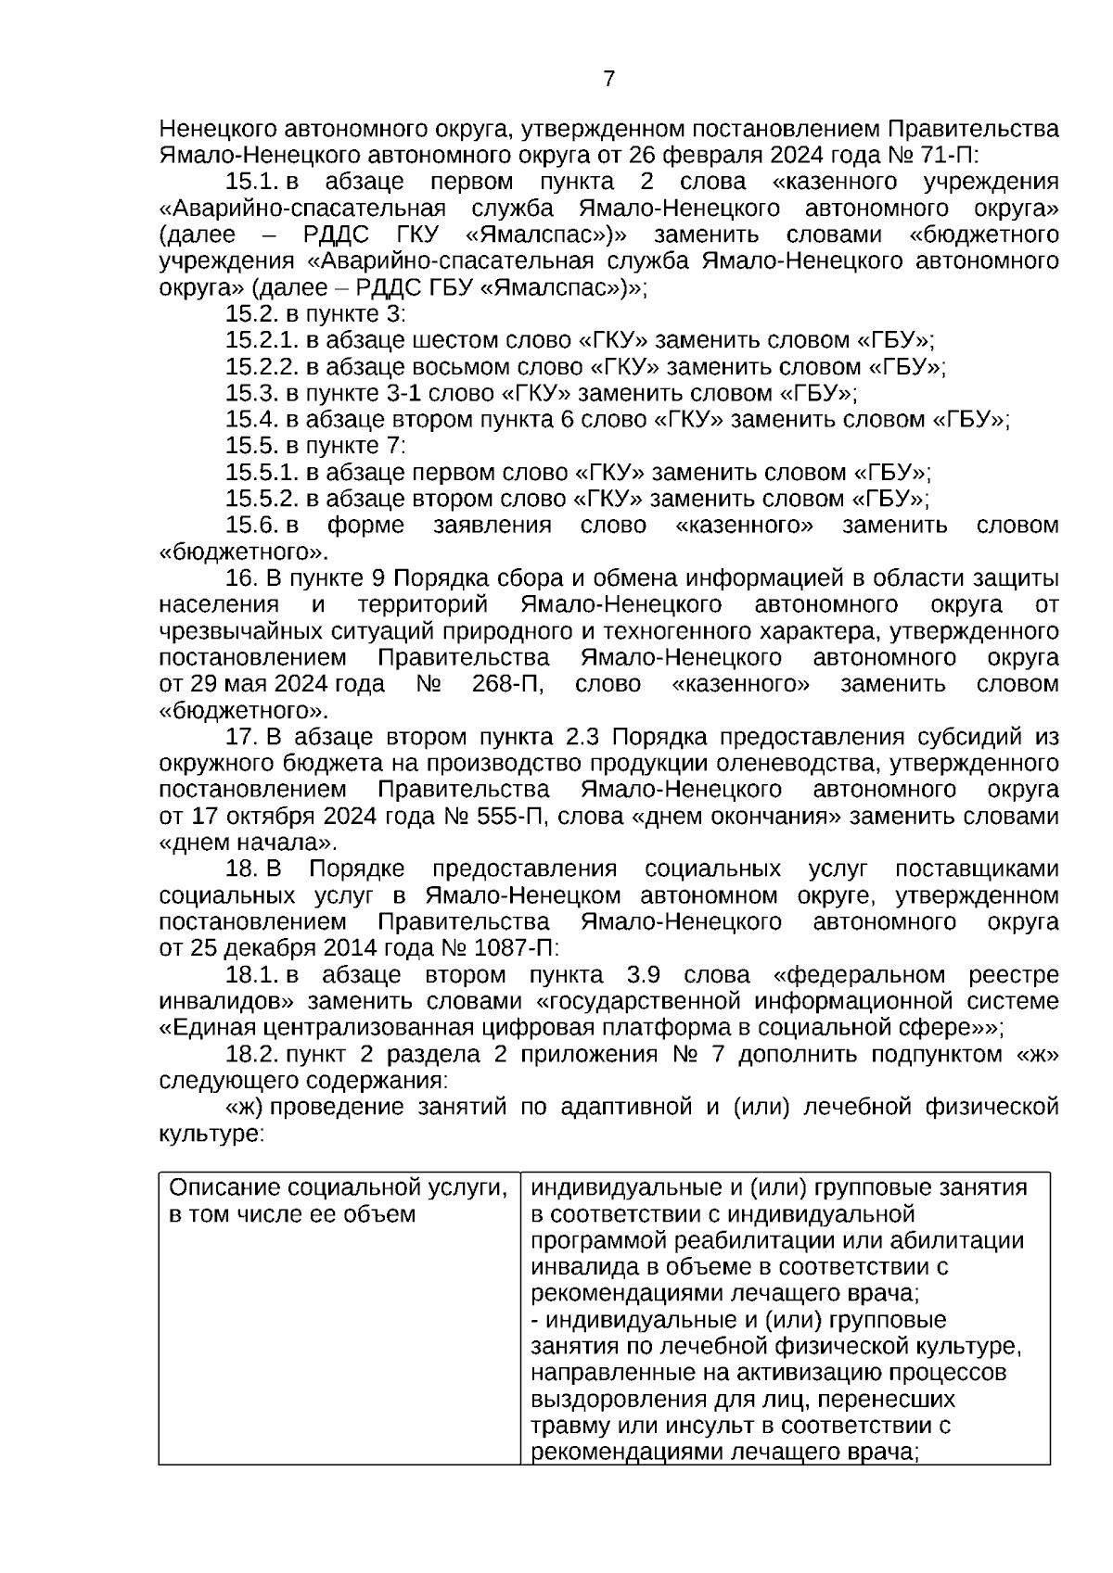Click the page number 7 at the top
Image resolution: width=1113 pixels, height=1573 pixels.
tap(609, 79)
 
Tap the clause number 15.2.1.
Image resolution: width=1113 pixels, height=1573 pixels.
tap(262, 340)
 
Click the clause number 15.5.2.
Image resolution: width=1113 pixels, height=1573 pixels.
tap(262, 499)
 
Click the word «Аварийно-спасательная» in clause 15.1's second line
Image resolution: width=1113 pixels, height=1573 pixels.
tap(302, 208)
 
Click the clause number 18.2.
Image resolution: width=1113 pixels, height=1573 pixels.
tap(251, 1055)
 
